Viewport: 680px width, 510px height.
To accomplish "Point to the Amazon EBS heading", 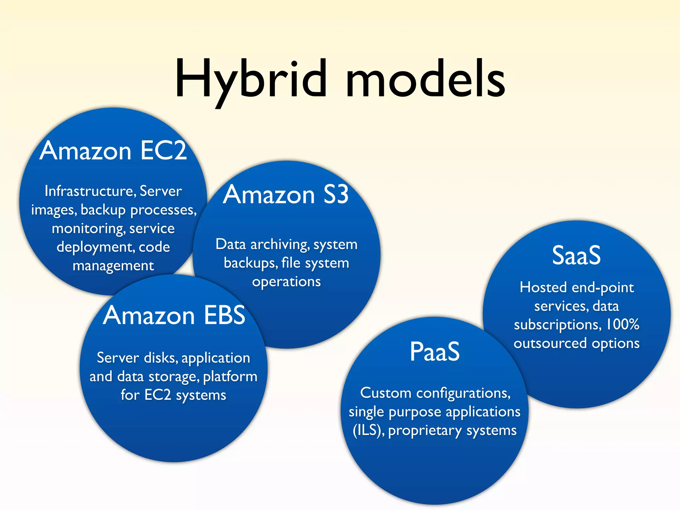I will tap(174, 315).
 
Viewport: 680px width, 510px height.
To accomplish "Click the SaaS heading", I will tap(576, 255).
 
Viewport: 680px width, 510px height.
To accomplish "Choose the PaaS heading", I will tap(435, 352).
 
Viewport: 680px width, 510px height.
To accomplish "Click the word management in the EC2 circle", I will tap(113, 266).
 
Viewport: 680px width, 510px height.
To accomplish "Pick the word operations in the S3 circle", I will tap(286, 282).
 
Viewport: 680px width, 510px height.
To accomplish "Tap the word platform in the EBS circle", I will tap(230, 377).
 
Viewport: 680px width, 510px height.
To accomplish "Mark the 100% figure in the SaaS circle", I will tap(623, 324).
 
